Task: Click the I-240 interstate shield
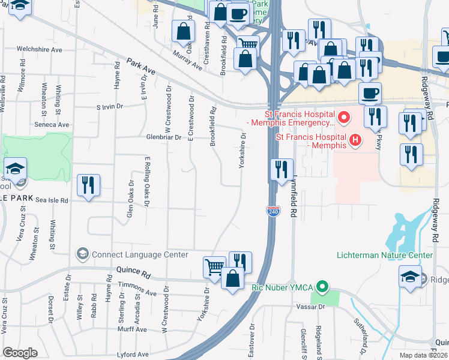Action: (x=271, y=210)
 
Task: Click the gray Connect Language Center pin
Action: (x=82, y=254)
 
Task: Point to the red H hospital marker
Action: (x=355, y=140)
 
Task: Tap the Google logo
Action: (x=20, y=353)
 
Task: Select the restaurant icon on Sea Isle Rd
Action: (x=88, y=185)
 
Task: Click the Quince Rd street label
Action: (x=134, y=272)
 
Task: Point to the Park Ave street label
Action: (x=141, y=67)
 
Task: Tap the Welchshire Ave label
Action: (x=40, y=49)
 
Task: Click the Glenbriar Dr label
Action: (x=163, y=137)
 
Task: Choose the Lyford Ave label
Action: (x=133, y=355)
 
